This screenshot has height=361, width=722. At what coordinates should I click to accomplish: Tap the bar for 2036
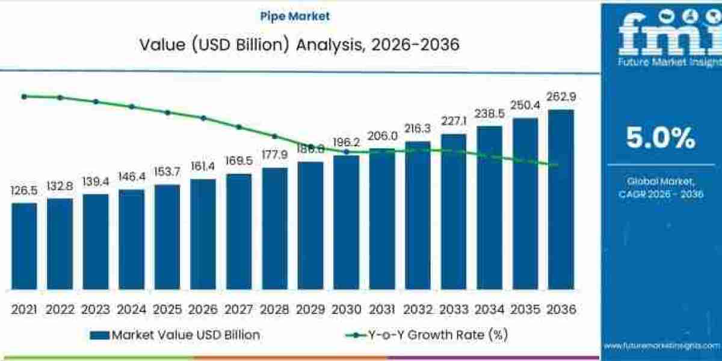(x=561, y=199)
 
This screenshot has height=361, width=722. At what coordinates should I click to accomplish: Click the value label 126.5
(x=24, y=191)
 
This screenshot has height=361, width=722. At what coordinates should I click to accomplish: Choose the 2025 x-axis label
(x=167, y=309)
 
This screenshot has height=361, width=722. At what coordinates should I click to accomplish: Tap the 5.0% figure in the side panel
(x=660, y=139)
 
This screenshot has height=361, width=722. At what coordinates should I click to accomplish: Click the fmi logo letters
(x=659, y=36)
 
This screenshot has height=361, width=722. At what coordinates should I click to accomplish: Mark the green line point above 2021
(x=24, y=96)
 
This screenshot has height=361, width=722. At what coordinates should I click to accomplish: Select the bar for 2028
(x=274, y=228)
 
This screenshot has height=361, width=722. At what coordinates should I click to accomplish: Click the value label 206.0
(x=382, y=137)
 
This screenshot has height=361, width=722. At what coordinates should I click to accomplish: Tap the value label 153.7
(x=167, y=173)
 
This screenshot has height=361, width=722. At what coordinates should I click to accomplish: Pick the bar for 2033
(x=454, y=211)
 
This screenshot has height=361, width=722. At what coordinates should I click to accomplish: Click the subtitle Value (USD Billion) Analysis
(x=300, y=45)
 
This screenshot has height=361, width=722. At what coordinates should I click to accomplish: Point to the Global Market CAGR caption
(x=660, y=187)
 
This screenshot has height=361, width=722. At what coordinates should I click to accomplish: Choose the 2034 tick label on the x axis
(x=489, y=309)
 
